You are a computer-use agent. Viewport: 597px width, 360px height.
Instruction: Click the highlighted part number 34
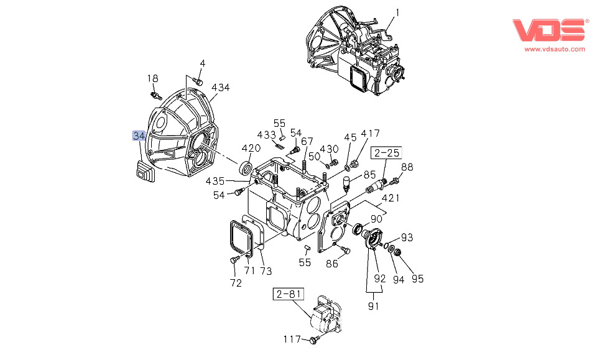tap(138, 136)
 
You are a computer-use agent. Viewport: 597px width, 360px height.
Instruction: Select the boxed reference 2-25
tap(386, 152)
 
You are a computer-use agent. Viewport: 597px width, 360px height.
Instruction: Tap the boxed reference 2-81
tap(287, 293)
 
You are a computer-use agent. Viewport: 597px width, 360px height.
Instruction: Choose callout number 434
tap(220, 88)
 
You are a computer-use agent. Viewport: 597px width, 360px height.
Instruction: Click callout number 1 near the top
tap(399, 12)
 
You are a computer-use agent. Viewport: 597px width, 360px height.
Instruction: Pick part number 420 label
tap(251, 148)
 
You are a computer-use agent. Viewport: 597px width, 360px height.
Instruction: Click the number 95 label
tap(417, 279)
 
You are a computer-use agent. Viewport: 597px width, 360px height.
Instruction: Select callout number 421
tap(391, 198)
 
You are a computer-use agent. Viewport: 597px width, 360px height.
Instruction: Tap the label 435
tap(215, 181)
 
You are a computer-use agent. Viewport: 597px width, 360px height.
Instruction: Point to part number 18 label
tap(152, 78)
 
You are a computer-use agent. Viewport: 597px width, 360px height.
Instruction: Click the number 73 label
tap(266, 270)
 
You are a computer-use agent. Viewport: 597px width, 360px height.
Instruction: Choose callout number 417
tap(370, 133)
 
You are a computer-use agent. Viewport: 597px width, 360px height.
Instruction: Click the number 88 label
tap(407, 167)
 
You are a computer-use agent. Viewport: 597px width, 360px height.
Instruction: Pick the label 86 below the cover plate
tap(332, 264)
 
